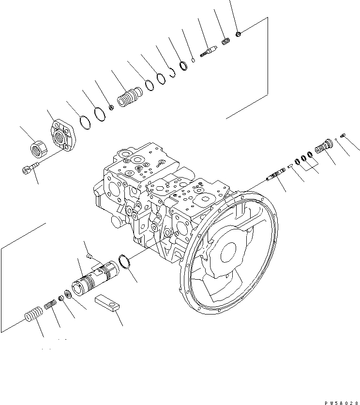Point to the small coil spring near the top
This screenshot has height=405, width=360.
point(225,42)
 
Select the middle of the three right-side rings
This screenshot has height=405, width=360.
point(303,158)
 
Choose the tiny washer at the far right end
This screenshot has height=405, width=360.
point(343,135)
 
